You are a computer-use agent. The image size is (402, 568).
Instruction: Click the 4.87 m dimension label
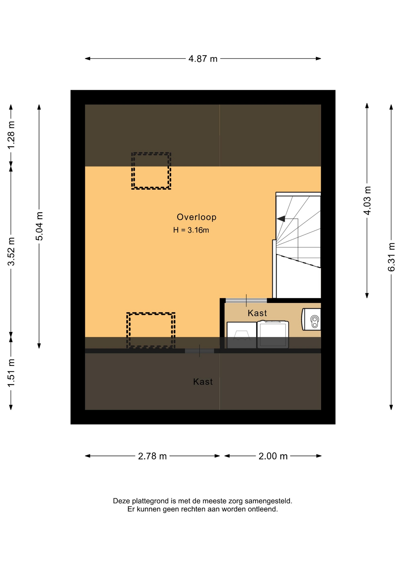point(203,59)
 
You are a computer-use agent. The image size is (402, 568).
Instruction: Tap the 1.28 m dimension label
point(11,135)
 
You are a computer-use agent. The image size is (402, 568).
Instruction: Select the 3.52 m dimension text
point(11,251)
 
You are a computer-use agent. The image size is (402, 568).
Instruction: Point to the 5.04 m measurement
point(39,226)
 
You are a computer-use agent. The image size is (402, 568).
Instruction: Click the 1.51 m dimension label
point(11,373)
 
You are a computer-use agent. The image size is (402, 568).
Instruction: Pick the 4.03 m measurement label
point(367,200)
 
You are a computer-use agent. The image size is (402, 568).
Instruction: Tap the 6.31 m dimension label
point(391,257)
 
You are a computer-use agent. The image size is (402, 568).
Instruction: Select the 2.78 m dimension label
point(152,456)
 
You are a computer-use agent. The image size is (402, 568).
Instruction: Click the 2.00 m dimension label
point(273,456)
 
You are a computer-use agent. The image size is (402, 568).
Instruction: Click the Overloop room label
point(197,217)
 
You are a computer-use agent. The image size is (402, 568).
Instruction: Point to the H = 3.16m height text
point(191,230)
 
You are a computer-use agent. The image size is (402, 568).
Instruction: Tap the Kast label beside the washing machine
point(257,313)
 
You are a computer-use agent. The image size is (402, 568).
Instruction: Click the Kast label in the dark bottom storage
point(203,382)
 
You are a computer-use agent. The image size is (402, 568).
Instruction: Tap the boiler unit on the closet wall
point(311,319)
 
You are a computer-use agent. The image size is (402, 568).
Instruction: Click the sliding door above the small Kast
point(246,301)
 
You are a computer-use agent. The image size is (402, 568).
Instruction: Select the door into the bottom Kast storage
point(200,351)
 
